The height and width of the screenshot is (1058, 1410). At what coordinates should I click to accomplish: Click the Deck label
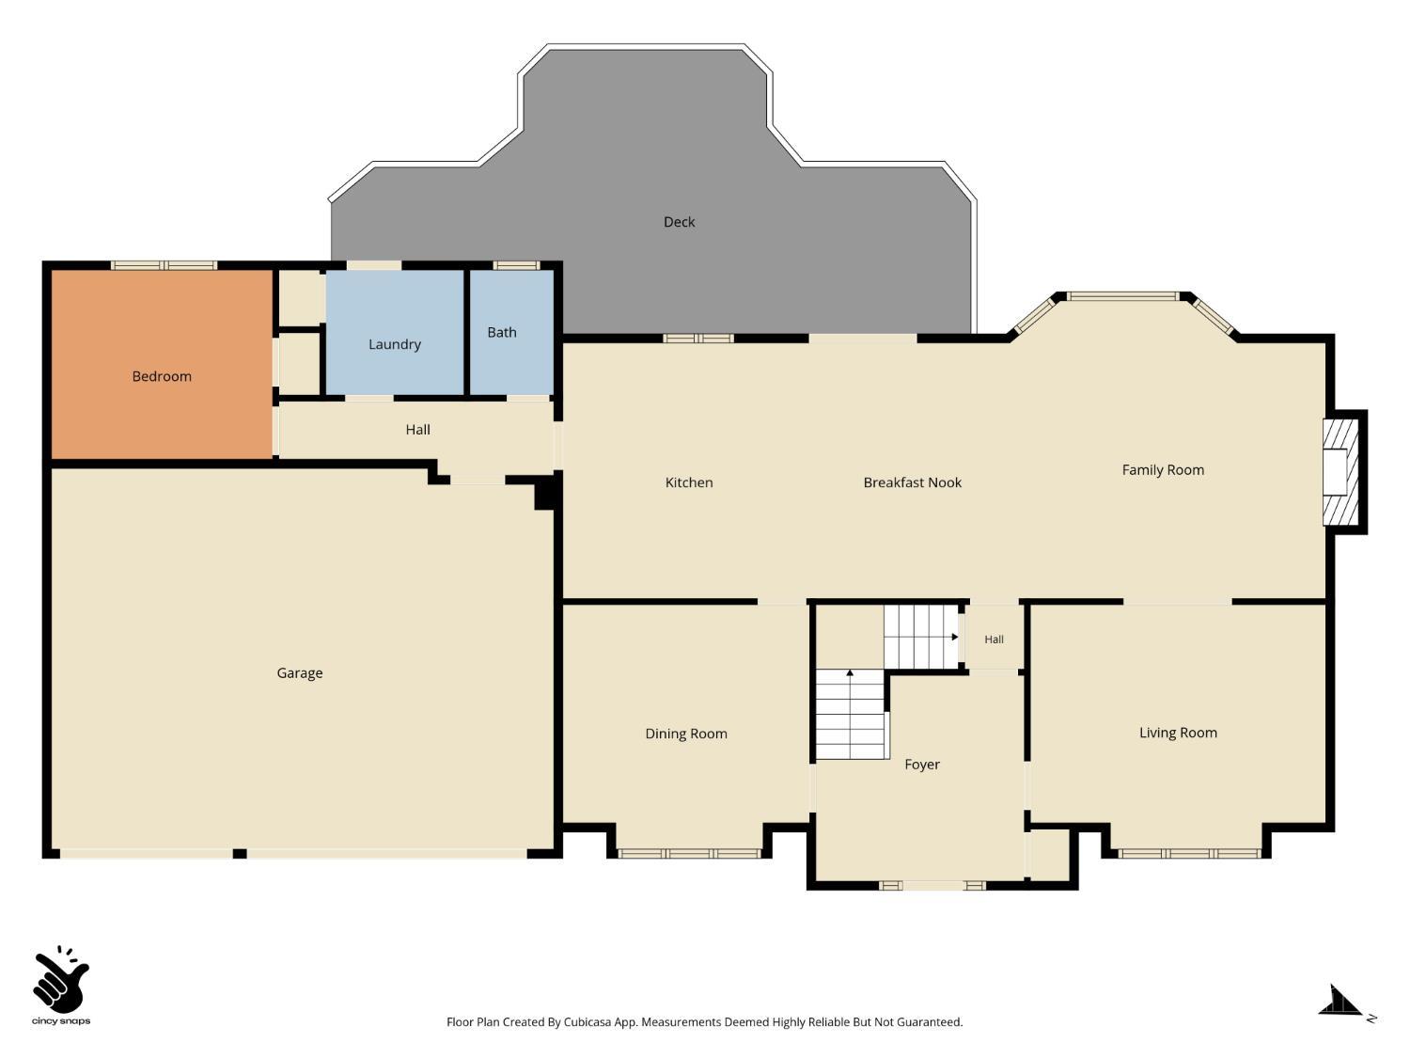[679, 222]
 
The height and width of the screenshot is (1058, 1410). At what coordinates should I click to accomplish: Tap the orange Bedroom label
[162, 376]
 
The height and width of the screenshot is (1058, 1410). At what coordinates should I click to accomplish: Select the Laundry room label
[395, 344]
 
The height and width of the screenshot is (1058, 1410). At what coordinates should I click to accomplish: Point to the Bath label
[502, 332]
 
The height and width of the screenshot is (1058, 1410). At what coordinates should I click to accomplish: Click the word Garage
[299, 673]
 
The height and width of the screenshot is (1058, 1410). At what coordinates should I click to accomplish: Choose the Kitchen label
[689, 482]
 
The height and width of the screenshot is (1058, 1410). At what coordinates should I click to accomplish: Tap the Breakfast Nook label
[912, 482]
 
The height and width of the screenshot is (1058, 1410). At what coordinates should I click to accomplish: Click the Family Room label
[1163, 470]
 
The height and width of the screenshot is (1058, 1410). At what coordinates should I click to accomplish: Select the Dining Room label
[686, 734]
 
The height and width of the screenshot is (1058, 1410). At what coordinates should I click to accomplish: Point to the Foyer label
[922, 765]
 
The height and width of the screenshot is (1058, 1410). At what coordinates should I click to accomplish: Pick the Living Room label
[1178, 733]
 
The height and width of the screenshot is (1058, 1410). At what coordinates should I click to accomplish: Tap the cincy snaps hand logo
[61, 979]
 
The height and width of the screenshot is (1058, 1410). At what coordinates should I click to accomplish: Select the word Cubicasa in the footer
[587, 1022]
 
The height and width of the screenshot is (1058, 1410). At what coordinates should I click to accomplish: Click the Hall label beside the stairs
[994, 640]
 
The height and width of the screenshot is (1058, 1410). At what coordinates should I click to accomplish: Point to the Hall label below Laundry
[417, 430]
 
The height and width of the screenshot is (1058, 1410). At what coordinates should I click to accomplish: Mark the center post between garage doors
[240, 854]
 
